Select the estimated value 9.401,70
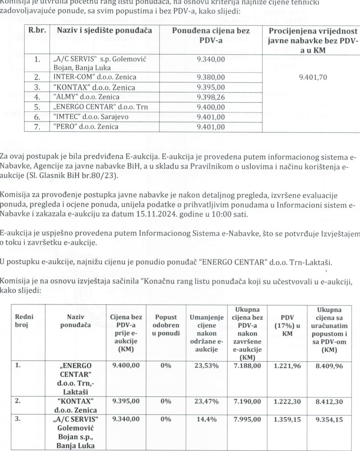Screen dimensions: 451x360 [313, 77]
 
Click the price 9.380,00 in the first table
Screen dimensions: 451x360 [212, 77]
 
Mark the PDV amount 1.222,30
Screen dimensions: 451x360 [287, 402]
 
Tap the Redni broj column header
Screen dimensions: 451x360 [24, 321]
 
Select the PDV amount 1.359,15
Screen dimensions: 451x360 [287, 420]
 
